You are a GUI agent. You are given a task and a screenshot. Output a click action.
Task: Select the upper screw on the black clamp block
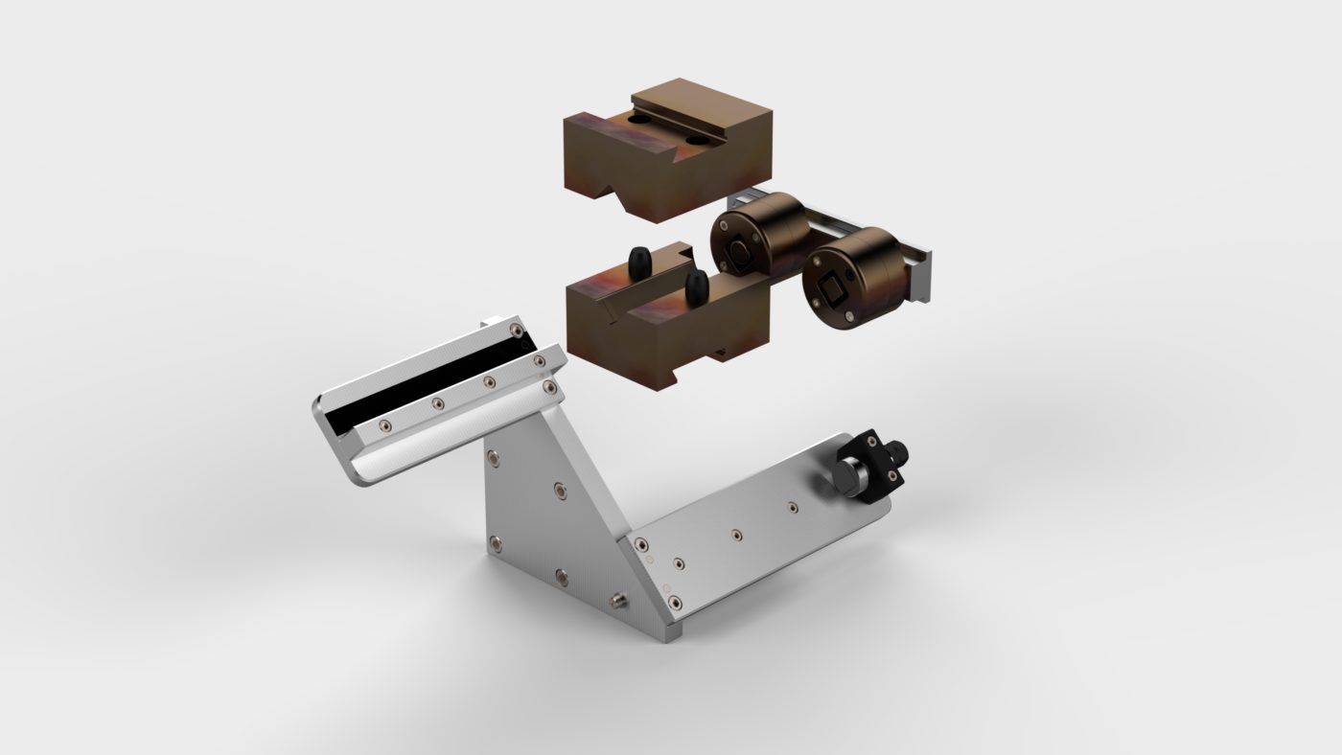871,439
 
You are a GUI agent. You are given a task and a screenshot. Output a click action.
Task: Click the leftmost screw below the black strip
382,424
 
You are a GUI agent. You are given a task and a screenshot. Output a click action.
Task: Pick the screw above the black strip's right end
518,331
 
